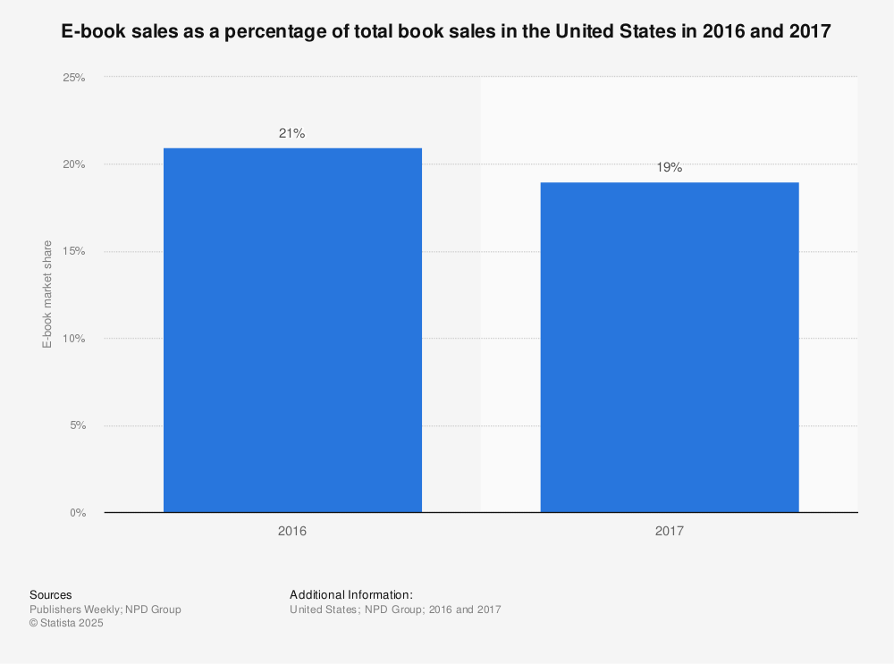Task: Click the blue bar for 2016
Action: point(292,330)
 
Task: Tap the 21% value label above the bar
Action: point(292,133)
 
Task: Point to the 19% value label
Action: point(669,167)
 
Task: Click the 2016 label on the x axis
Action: point(292,531)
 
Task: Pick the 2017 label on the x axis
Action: point(669,531)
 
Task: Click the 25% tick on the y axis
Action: point(73,78)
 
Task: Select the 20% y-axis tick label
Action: point(73,164)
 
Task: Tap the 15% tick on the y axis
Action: point(73,251)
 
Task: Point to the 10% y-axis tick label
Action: point(73,339)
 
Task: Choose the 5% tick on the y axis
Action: point(76,425)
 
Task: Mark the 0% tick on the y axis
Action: point(76,513)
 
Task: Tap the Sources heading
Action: point(50,594)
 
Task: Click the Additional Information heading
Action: point(350,594)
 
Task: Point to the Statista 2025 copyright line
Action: point(66,624)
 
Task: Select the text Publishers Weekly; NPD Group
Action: point(105,609)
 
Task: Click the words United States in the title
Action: point(607,32)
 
